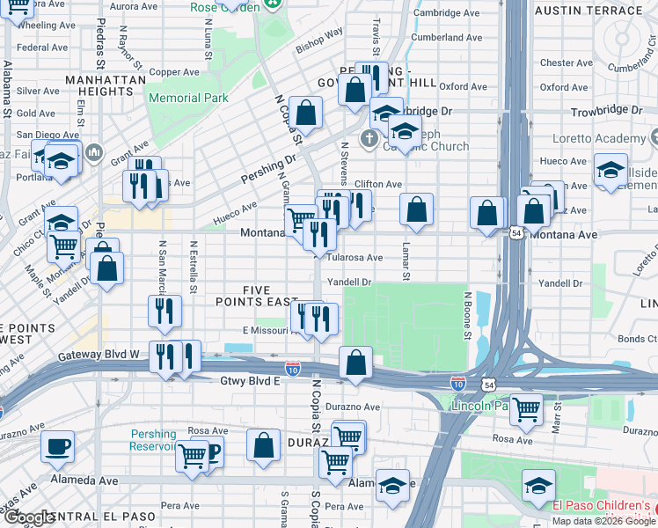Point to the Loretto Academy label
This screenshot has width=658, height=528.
pyautogui.click(x=599, y=139)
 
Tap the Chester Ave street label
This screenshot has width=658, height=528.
pyautogui.click(x=560, y=62)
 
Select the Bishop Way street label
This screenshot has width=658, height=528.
pyautogui.click(x=318, y=40)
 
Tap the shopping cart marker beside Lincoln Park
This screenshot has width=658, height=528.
pyautogui.click(x=526, y=408)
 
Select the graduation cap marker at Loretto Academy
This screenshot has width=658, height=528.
pyautogui.click(x=610, y=170)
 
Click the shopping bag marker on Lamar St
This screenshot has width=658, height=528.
pyautogui.click(x=416, y=210)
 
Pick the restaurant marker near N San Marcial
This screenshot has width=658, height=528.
pyautogui.click(x=164, y=311)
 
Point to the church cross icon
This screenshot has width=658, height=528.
pyautogui.click(x=370, y=138)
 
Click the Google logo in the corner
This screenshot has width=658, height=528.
pyautogui.click(x=28, y=518)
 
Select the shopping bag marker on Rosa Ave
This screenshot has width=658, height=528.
pyautogui.click(x=263, y=446)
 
